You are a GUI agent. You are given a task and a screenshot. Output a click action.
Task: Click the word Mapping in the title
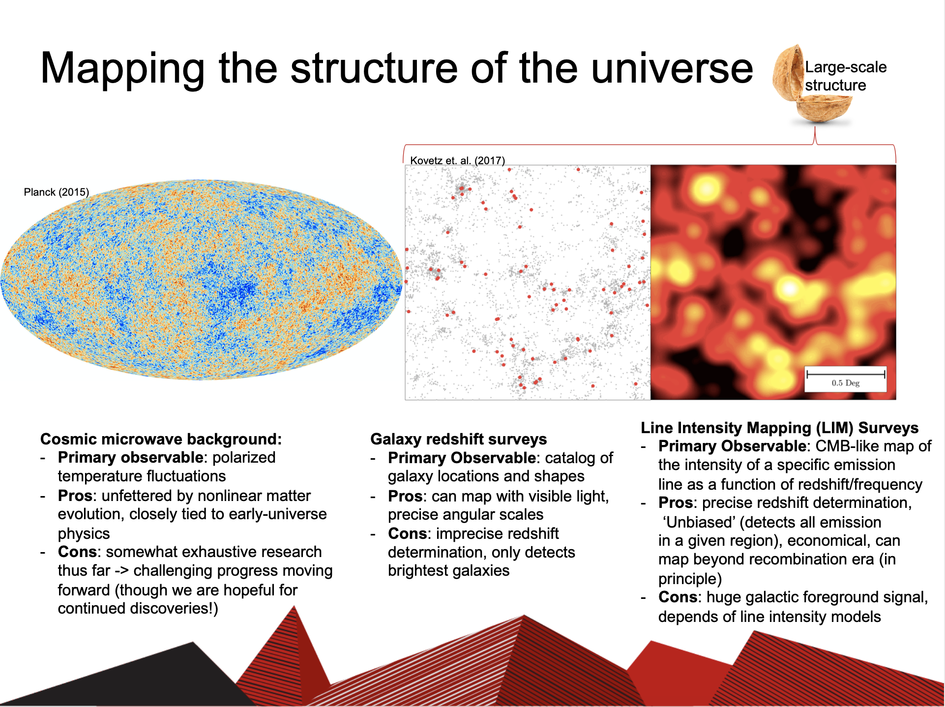[122, 69]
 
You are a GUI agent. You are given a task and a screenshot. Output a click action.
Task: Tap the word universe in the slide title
[672, 68]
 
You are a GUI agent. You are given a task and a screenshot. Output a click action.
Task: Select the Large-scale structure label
[846, 76]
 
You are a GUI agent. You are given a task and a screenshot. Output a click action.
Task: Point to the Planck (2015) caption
[57, 192]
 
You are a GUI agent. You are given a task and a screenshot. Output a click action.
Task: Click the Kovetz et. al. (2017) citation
[458, 160]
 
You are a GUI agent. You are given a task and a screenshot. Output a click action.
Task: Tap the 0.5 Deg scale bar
[845, 379]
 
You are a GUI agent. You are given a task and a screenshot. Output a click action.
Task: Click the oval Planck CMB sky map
[201, 280]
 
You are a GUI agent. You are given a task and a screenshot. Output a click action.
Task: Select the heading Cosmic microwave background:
[161, 439]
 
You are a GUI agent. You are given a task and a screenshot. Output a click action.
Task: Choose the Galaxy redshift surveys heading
[459, 439]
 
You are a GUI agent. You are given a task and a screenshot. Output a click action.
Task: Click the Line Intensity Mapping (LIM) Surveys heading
[780, 428]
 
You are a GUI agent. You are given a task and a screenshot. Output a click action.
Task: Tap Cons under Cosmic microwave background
[77, 552]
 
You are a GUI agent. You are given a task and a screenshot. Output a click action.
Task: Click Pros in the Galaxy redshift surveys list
[405, 496]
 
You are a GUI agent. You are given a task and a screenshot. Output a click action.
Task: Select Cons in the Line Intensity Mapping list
[678, 597]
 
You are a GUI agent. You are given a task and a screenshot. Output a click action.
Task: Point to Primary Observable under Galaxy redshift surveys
[462, 458]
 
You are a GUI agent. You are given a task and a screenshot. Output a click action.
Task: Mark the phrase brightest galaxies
[449, 570]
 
